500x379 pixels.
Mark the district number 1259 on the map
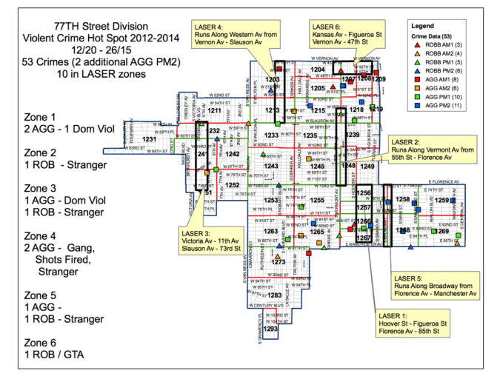[441, 200]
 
